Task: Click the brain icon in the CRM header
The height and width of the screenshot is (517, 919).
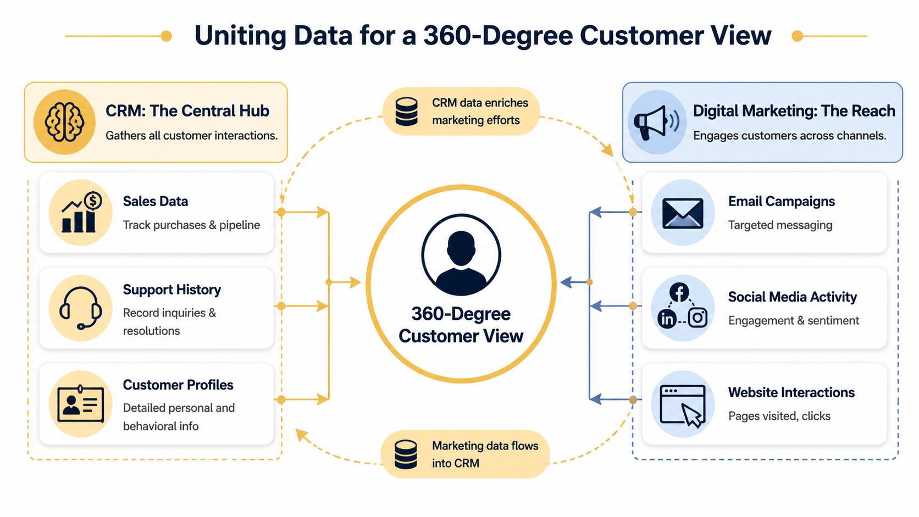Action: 64,122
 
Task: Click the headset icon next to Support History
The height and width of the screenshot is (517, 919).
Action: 80,308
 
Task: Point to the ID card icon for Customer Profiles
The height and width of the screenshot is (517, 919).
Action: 81,404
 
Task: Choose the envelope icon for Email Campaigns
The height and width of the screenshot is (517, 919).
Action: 683,213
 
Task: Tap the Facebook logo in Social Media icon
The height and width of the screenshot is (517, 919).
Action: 679,292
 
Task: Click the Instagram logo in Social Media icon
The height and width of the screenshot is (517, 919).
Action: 697,318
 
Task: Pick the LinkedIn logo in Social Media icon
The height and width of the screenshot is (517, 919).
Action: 667,319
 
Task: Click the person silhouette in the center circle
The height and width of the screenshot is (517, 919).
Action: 461,256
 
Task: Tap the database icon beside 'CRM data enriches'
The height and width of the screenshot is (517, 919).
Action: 406,112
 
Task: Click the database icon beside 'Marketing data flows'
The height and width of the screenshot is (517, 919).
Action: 406,454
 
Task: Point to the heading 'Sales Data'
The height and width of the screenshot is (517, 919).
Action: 156,201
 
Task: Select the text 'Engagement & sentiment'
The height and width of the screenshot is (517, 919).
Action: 793,320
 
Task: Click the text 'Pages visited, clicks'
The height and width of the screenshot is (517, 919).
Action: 779,416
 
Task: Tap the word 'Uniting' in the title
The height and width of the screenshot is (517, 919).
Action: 240,36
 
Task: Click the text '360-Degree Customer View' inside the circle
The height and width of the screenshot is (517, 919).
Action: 461,325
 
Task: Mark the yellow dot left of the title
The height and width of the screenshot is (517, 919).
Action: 166,36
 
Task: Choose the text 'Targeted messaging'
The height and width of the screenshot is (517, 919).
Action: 780,225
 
